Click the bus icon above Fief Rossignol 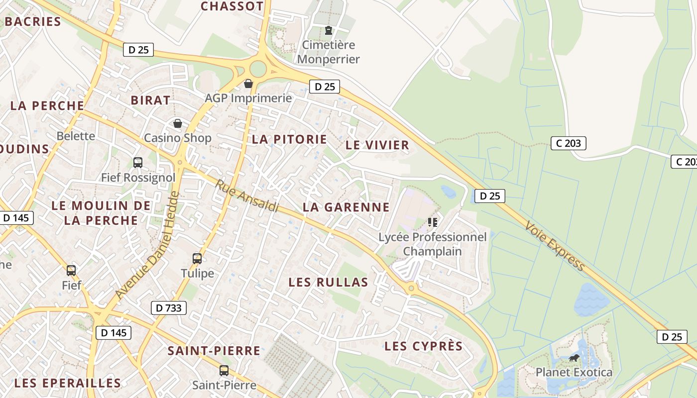[138, 162]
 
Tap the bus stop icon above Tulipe [197, 258]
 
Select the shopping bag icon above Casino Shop [177, 123]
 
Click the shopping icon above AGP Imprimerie [248, 83]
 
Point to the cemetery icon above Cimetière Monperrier [328, 30]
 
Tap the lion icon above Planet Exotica [574, 358]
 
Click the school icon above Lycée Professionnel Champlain [432, 222]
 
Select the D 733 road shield [169, 308]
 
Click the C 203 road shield [569, 143]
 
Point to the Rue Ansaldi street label [247, 196]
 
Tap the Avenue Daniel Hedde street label [147, 245]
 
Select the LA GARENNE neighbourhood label [346, 207]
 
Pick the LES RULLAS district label [328, 283]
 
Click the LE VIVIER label [377, 145]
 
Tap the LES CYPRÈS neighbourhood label [424, 346]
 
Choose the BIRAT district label [150, 100]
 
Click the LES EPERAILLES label [67, 383]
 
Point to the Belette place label [76, 136]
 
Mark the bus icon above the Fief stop [71, 270]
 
